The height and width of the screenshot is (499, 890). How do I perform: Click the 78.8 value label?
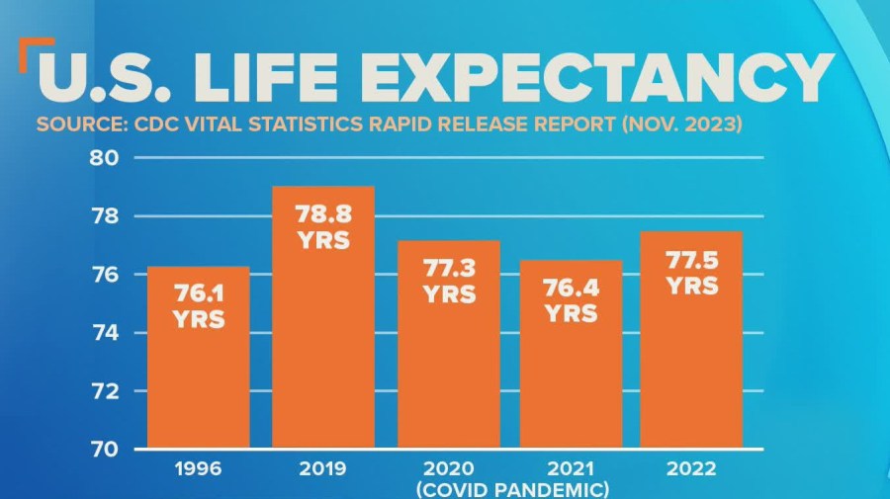pos(323,214)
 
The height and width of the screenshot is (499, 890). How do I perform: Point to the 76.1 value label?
pos(199,294)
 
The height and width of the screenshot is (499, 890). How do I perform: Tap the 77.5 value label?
pos(691,262)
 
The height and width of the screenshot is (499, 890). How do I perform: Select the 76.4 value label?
pos(572,290)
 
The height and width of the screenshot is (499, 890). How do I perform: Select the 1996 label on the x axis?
pos(199,469)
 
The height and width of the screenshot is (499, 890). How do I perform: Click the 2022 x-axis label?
pos(691,469)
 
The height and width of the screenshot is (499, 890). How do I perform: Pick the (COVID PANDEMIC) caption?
pos(512,489)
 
